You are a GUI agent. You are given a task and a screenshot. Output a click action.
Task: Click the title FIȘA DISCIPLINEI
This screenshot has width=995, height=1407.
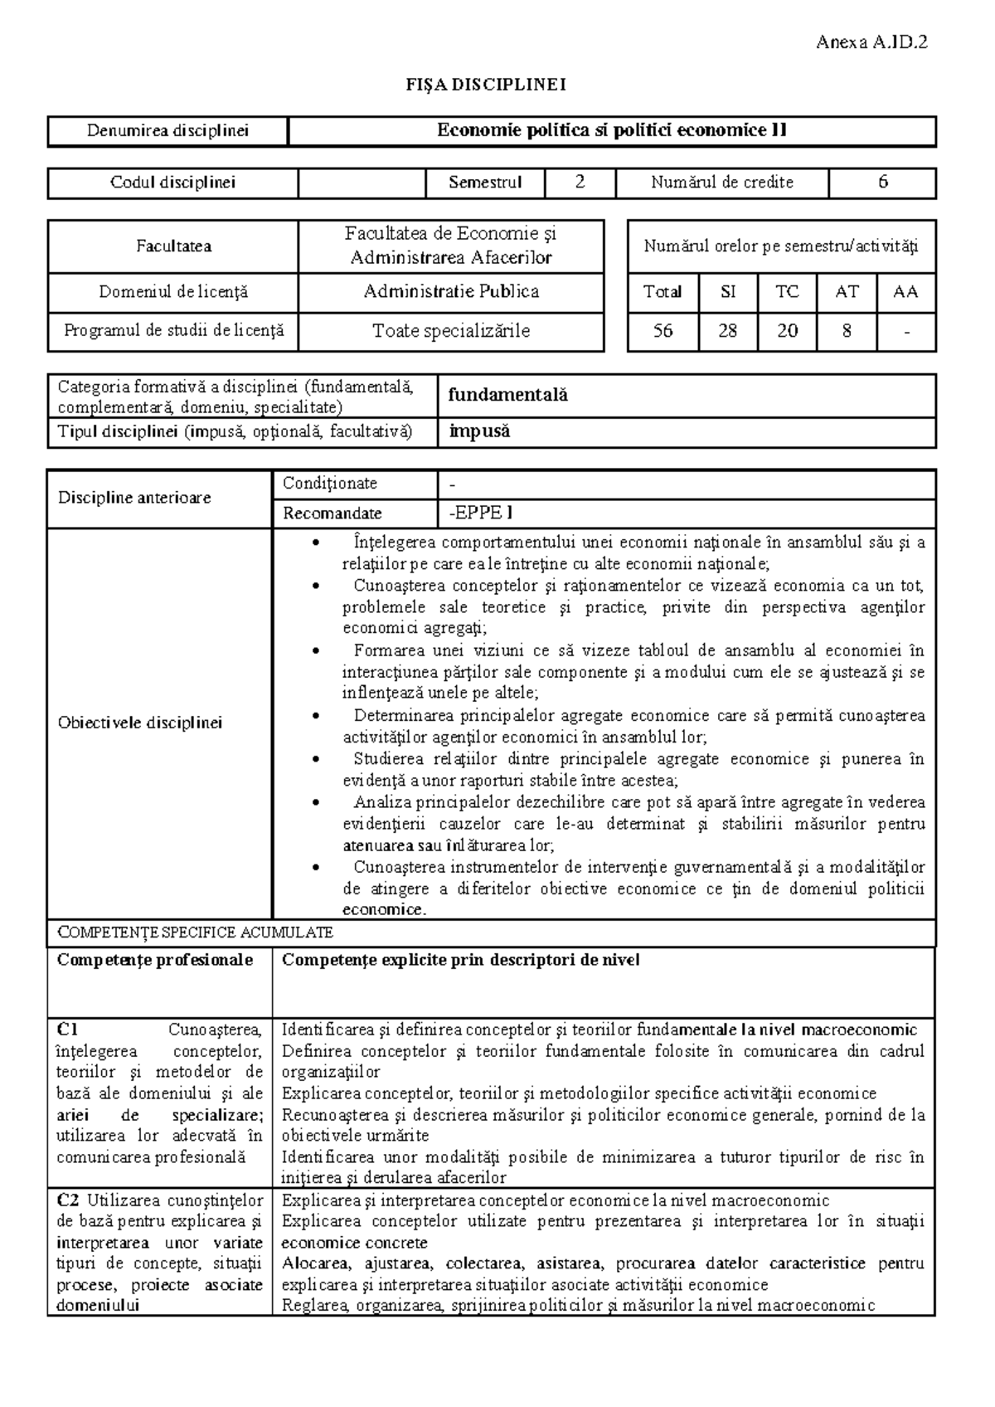tap(485, 85)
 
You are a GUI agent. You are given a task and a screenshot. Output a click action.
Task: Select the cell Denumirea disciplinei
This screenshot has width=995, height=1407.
tap(168, 131)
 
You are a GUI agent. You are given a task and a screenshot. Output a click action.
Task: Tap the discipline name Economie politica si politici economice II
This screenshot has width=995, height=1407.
tap(612, 130)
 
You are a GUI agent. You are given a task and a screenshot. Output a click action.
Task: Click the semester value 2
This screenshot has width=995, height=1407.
tap(580, 183)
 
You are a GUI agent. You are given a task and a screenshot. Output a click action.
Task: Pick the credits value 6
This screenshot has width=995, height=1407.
tap(882, 183)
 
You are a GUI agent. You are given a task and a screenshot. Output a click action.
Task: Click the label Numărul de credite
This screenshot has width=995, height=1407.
tap(721, 183)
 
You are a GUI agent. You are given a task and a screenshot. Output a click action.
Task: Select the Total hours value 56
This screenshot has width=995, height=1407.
tap(662, 331)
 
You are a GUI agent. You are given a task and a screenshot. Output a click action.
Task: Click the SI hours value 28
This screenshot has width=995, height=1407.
tap(727, 331)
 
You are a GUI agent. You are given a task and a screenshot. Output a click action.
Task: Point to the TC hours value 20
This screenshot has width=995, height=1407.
tap(787, 331)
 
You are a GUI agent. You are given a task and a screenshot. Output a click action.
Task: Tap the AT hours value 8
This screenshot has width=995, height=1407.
tap(847, 331)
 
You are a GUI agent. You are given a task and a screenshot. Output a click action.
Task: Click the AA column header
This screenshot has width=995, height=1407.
tap(905, 292)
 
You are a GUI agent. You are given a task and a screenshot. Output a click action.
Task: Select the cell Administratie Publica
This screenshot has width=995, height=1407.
tap(451, 291)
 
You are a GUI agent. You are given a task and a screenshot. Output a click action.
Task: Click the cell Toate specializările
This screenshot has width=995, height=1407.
tap(451, 331)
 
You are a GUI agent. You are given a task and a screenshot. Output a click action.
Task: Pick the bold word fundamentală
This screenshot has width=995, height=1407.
tap(508, 396)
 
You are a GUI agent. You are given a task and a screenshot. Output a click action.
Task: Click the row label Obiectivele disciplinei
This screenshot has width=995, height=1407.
tap(140, 723)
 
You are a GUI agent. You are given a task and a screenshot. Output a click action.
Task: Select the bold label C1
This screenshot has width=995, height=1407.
tap(67, 1030)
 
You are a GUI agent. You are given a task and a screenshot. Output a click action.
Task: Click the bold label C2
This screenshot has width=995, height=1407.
tap(68, 1200)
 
